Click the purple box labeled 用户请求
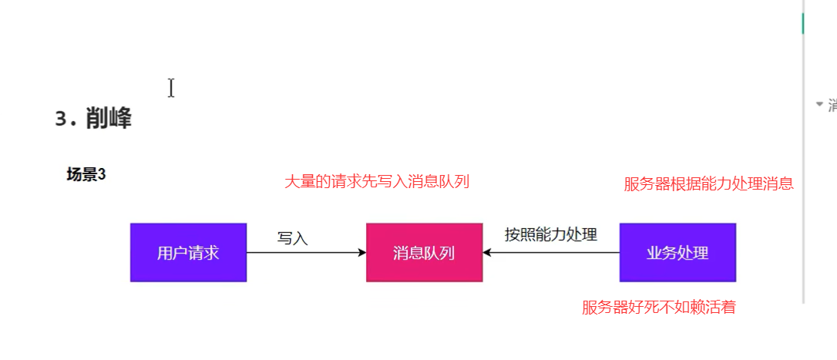[188, 252]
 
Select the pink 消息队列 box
[424, 252]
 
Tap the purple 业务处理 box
[677, 252]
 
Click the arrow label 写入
[293, 239]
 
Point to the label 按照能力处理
[550, 234]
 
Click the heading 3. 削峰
[93, 119]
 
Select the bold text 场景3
[86, 175]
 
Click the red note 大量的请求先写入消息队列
[377, 182]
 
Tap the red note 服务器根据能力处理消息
[708, 183]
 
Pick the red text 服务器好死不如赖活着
[659, 308]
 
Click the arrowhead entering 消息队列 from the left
[361, 252]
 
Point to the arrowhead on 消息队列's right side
[487, 252]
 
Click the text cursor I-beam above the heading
[171, 88]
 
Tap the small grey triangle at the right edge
[819, 104]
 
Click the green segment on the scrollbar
[803, 23]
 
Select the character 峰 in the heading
[119, 119]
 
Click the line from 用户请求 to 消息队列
[304, 252]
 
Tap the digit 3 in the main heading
[62, 119]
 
